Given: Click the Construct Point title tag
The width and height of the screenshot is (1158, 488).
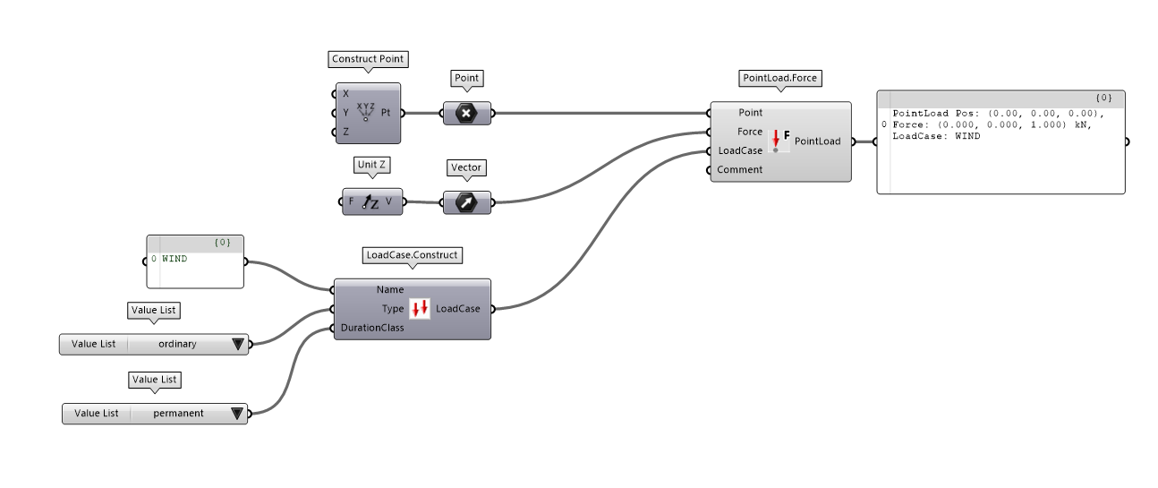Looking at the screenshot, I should (x=368, y=59).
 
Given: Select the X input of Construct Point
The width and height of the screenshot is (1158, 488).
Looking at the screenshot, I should (x=345, y=94).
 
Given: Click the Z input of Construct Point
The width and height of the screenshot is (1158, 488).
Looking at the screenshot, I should (x=345, y=132).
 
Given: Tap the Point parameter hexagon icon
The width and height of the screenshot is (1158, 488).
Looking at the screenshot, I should (x=466, y=113).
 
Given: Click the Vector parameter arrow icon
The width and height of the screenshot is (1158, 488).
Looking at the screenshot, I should (x=466, y=202).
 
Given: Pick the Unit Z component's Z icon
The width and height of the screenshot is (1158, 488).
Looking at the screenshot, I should (x=370, y=202).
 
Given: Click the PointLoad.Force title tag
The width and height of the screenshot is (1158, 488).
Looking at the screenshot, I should (x=780, y=78).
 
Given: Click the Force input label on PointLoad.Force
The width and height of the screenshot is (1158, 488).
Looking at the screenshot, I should (x=750, y=132).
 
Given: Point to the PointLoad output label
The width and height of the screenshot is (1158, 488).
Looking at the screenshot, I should (x=817, y=141).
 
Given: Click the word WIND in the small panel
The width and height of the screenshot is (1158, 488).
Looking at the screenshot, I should (x=175, y=258).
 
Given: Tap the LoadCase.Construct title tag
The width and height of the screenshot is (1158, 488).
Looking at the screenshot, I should (x=412, y=255).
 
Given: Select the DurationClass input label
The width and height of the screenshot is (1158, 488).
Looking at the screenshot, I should (x=372, y=328).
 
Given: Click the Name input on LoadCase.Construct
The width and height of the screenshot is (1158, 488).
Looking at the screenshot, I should (x=390, y=289).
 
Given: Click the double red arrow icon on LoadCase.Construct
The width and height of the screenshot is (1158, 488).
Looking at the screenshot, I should (x=420, y=309).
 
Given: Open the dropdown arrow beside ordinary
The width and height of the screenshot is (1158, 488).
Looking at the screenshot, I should (x=237, y=344).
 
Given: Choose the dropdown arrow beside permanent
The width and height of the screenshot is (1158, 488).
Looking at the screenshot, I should (x=237, y=414).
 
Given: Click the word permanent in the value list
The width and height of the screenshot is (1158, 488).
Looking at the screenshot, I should (x=178, y=414).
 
